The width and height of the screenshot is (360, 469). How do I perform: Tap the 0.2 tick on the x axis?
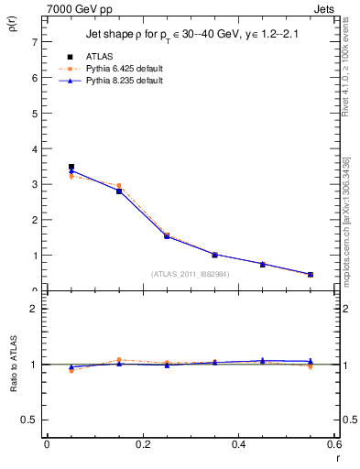(x=143, y=445)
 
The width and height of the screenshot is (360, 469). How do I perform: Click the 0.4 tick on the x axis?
(x=239, y=445)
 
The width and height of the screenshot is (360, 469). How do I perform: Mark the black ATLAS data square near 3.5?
(x=71, y=167)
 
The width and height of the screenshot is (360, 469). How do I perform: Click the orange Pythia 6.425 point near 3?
(x=119, y=186)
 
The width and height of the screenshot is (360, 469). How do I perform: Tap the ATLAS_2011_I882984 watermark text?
(x=191, y=274)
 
